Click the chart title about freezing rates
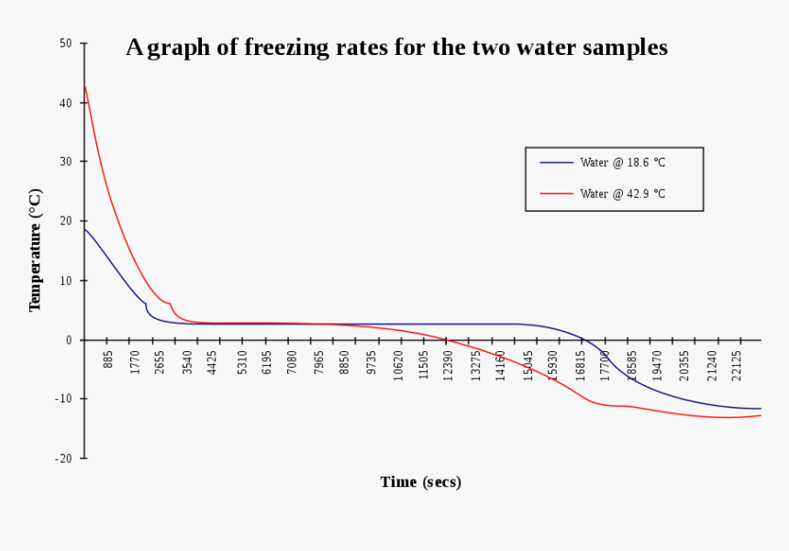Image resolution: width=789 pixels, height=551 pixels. click(x=396, y=48)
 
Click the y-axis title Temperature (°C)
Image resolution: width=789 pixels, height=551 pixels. click(x=35, y=250)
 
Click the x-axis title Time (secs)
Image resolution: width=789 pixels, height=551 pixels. click(x=420, y=482)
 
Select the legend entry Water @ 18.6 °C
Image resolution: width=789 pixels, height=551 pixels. click(x=622, y=162)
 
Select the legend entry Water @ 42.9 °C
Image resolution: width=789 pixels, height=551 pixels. click(x=622, y=193)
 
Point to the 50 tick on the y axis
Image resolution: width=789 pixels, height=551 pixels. click(x=66, y=43)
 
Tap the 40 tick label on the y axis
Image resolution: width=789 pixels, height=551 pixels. click(x=66, y=103)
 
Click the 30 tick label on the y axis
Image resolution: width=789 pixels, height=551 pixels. click(x=66, y=161)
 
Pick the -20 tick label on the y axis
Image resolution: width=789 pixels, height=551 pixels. click(x=64, y=458)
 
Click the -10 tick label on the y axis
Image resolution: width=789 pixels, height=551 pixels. click(x=64, y=399)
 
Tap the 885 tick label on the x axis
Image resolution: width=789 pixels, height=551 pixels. click(x=108, y=359)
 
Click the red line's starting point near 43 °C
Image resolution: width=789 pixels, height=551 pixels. click(x=85, y=86)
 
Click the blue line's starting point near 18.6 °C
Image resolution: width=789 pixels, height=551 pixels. click(x=85, y=229)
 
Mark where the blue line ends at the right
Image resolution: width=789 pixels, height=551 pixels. click(x=761, y=409)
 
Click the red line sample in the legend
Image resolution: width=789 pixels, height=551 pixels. click(x=556, y=193)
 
